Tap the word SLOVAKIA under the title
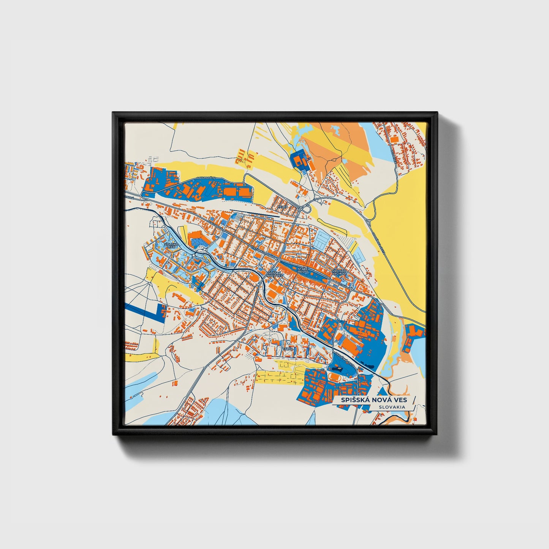coord(391,407)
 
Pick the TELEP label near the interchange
coord(282,207)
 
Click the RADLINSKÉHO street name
coord(207,178)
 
